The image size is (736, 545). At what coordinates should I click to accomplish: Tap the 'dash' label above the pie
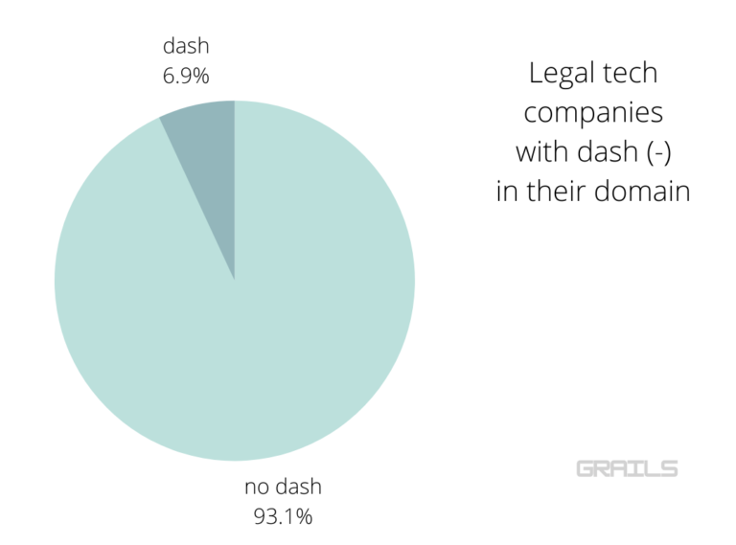tap(186, 45)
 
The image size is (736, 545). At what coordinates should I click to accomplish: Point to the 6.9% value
tap(186, 73)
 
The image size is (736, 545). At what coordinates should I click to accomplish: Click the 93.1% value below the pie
tap(283, 517)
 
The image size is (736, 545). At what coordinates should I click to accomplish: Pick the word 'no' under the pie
tap(256, 487)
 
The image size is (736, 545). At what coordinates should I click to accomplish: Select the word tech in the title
tap(633, 73)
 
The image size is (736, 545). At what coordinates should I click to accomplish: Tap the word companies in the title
tap(593, 112)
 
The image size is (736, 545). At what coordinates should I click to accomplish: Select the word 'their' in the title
tap(554, 191)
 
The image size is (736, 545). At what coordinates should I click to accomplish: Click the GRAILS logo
tap(627, 468)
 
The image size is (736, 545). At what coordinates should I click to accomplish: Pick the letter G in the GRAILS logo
tap(585, 468)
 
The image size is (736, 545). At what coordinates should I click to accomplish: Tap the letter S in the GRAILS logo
tap(669, 468)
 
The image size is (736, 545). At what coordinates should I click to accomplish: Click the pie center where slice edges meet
tap(235, 281)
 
